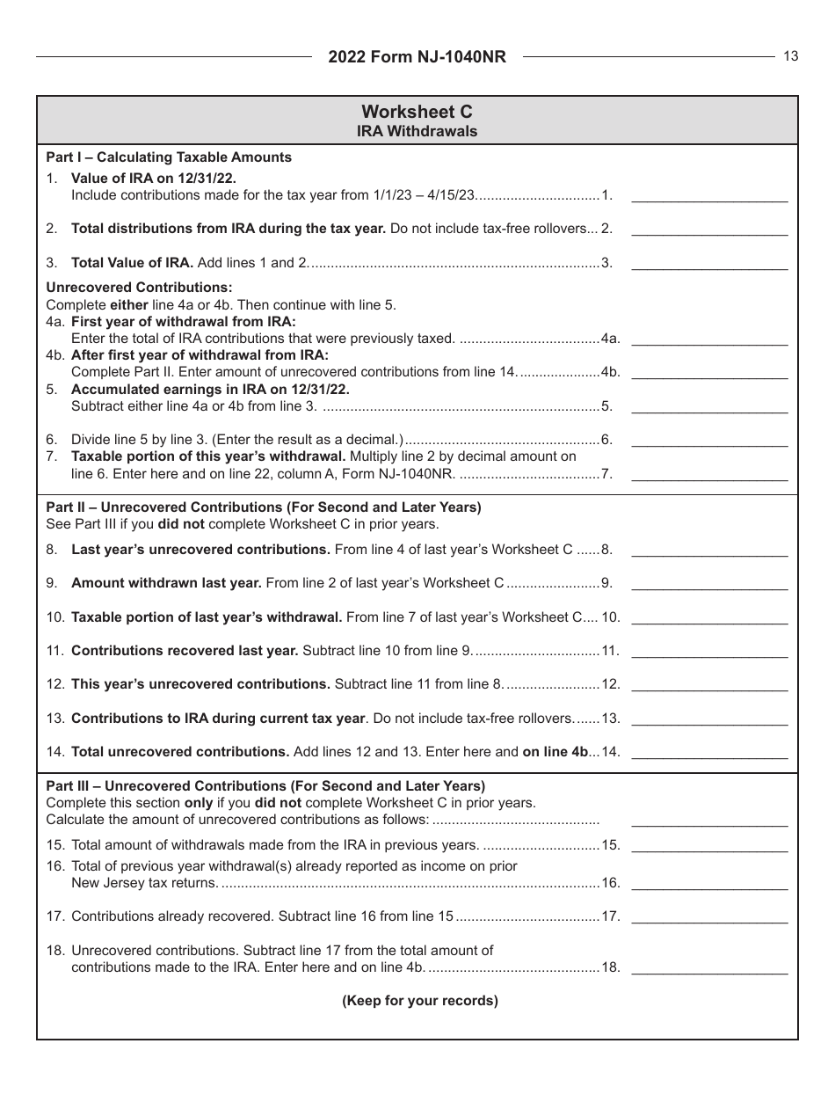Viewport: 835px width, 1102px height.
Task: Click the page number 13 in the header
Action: (791, 56)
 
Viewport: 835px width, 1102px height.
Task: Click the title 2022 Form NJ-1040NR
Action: (417, 57)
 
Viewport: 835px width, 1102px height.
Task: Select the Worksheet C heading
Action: (417, 112)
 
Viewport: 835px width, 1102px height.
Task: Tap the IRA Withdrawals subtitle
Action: (417, 131)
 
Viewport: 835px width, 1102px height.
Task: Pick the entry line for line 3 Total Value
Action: (709, 262)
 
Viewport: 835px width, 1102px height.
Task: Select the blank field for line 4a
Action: (709, 338)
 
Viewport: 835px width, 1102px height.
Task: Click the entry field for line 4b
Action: (709, 372)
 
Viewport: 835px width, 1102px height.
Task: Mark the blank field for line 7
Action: (709, 473)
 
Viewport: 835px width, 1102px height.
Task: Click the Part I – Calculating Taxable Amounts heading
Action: (169, 157)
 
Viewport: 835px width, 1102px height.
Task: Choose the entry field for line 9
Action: (709, 582)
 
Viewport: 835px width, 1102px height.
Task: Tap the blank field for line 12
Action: (709, 683)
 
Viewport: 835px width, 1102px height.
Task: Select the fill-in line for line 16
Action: (709, 883)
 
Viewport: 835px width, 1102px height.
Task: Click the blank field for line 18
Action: (709, 967)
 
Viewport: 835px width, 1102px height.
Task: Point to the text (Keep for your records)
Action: (419, 1000)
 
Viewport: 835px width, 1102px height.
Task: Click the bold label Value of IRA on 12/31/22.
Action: (153, 178)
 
